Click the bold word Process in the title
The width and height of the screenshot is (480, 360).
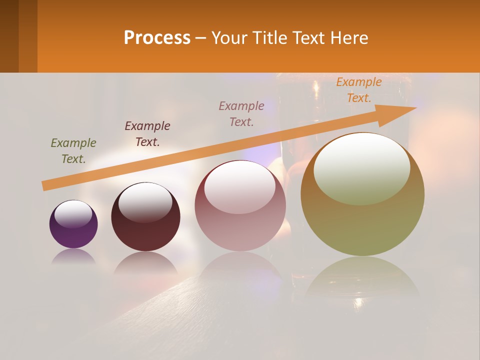tap(157, 37)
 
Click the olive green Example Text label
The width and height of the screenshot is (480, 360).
tap(73, 151)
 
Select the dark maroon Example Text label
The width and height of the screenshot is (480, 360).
tap(147, 133)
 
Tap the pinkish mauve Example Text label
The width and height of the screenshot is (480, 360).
tap(241, 113)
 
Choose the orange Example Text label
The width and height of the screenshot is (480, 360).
tap(359, 90)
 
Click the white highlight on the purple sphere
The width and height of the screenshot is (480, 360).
tap(73, 214)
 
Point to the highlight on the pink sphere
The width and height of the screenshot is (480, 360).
tap(240, 187)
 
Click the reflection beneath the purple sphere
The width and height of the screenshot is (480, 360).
tap(73, 257)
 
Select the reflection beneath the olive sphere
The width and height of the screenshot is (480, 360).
tap(362, 277)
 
